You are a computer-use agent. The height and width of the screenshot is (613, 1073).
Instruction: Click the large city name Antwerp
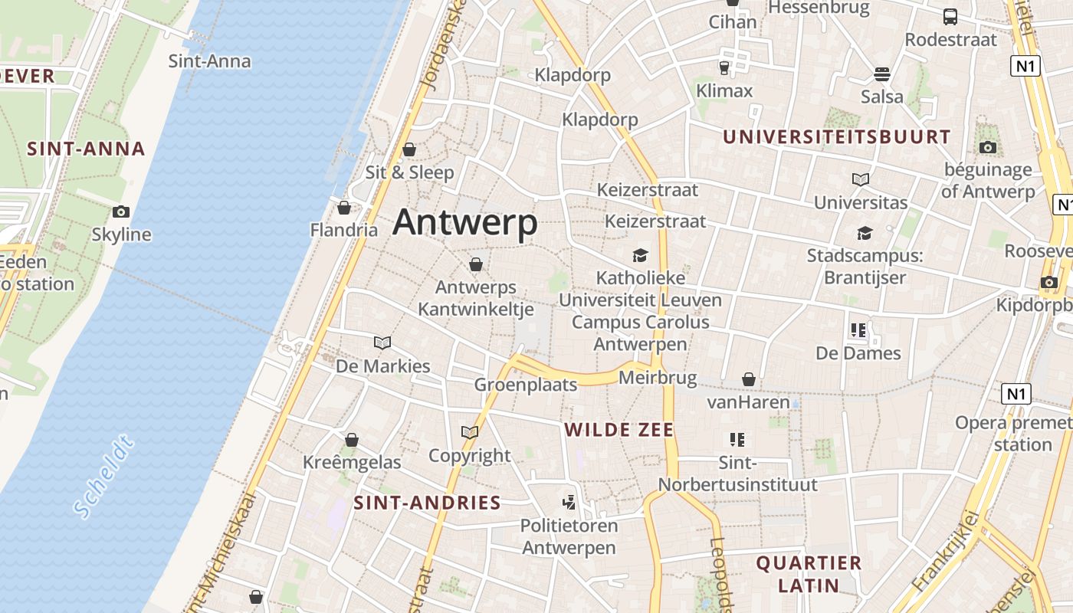tap(464, 223)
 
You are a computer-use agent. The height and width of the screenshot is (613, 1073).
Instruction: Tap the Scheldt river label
tap(104, 476)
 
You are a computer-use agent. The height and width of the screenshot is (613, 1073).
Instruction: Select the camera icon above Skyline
tap(121, 212)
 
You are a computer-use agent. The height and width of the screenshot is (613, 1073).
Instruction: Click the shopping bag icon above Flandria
tap(344, 208)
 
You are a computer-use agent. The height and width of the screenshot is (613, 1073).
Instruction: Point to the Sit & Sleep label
tap(409, 172)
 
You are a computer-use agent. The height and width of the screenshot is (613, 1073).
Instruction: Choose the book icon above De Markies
tap(382, 343)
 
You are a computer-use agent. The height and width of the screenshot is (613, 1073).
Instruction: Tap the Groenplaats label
tap(525, 385)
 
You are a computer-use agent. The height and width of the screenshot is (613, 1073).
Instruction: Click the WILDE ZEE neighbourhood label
tap(619, 430)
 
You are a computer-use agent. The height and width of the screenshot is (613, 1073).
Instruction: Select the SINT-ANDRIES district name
tap(427, 503)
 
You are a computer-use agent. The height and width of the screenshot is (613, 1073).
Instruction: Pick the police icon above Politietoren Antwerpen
tap(569, 503)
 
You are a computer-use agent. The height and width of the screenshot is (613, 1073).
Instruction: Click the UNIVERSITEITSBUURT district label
tap(837, 137)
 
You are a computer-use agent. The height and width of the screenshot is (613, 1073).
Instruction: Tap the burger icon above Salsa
tap(882, 74)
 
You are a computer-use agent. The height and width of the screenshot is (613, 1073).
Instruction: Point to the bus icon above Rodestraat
tap(950, 17)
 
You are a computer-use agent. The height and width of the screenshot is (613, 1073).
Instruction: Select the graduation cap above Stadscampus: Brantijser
tap(865, 233)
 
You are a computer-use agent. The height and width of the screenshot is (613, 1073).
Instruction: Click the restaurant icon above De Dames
tap(858, 330)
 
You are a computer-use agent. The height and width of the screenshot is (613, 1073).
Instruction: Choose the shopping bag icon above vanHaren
tap(749, 379)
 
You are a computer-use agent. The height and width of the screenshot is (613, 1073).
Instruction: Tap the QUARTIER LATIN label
tap(809, 575)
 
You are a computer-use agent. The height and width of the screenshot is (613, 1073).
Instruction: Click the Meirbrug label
tap(658, 378)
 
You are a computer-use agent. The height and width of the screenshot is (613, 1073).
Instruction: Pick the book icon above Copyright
tap(470, 433)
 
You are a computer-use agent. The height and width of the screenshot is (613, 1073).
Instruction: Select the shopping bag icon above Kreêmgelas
tap(352, 440)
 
